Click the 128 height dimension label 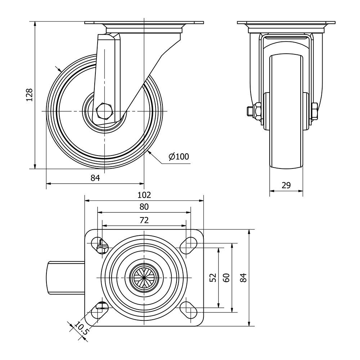pos(30,95)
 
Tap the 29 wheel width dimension pos(286,185)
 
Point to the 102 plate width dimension pos(144,195)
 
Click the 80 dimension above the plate pos(144,207)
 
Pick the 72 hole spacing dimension pos(144,220)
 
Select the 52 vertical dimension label pos(213,277)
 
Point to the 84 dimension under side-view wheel pos(95,178)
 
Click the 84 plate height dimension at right pos(244,278)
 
